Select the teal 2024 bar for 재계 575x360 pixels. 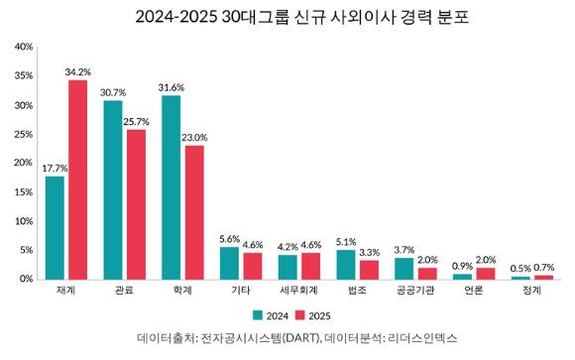pos(55,227)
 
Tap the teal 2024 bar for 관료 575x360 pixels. pos(113,189)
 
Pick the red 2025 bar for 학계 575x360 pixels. pos(194,212)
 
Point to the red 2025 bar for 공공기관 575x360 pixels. pos(427,273)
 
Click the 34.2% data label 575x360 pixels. pos(77,71)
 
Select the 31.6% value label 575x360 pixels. pos(172,87)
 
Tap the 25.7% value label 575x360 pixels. pos(136,121)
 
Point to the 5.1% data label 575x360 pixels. pos(346,241)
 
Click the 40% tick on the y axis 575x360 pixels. pos(23,47)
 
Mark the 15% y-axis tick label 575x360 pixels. pos(23,191)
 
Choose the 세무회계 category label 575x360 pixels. pos(298,292)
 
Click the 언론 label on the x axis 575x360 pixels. pos(474,292)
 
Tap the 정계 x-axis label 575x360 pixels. pos(532,292)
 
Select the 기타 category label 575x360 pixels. pos(241,292)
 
